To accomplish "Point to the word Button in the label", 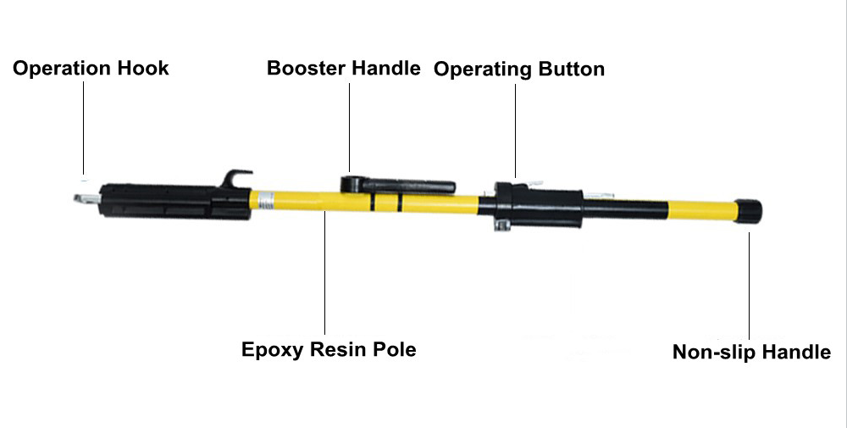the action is coord(570,69).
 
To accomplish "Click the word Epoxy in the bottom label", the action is coord(273,350).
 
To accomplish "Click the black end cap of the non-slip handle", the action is coord(748,211).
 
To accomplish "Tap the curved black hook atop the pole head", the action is coord(234,178).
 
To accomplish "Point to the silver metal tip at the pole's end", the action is coord(86,199).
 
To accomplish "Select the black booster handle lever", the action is coord(398,186).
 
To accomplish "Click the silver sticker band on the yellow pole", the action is coord(266,201).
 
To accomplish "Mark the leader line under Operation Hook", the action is coord(84,127).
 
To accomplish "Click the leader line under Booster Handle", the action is coord(349,127).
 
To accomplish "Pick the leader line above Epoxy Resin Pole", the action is coord(324,272).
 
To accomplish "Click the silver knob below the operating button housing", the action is coord(501,225).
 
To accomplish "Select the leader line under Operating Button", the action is coord(515,131).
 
